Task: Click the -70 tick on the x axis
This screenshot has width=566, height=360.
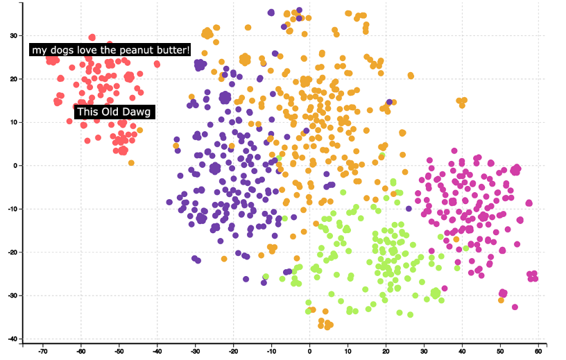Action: [x=42, y=351]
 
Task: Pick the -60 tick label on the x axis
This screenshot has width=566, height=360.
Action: [x=80, y=351]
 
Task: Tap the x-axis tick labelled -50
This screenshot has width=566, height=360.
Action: [x=119, y=351]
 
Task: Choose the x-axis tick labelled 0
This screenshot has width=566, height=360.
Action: [x=309, y=351]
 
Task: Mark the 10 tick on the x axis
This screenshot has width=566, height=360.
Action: [x=348, y=351]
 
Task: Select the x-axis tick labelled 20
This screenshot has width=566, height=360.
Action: [x=386, y=351]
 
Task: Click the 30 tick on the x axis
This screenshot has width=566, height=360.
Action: [x=424, y=351]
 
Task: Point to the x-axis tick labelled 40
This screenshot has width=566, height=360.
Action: [x=462, y=351]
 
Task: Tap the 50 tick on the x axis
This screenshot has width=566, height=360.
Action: [x=500, y=351]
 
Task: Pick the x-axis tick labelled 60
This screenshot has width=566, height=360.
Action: [x=538, y=351]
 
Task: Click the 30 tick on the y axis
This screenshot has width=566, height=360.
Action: [x=12, y=35]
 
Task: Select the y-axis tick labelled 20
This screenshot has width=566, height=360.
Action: [x=12, y=79]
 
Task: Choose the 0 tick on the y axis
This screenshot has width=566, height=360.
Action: [x=15, y=166]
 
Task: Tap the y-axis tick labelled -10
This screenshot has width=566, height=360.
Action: [x=11, y=209]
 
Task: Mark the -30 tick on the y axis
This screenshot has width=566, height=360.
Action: [x=11, y=295]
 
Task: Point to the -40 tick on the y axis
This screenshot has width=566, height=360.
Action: [x=11, y=338]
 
